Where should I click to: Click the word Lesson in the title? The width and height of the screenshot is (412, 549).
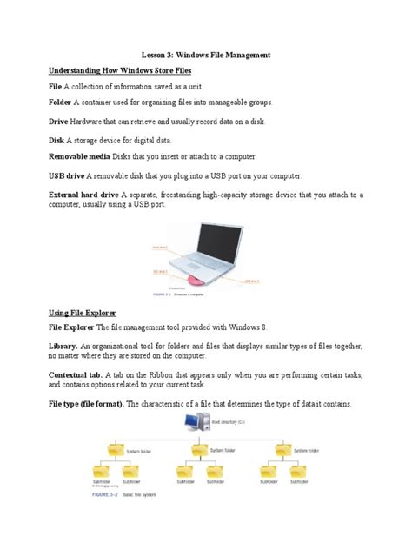click(x=155, y=54)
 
